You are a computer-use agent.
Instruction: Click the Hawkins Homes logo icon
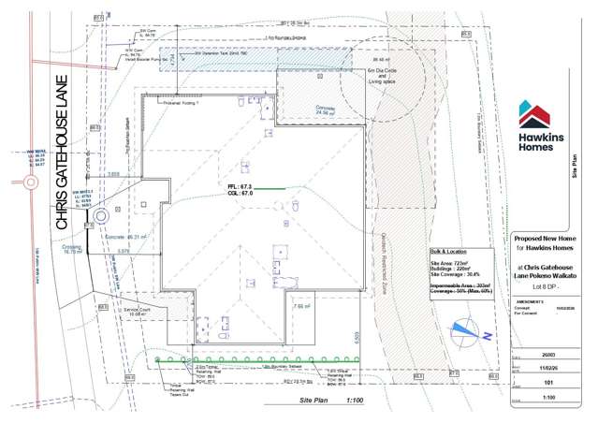tap(538, 115)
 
